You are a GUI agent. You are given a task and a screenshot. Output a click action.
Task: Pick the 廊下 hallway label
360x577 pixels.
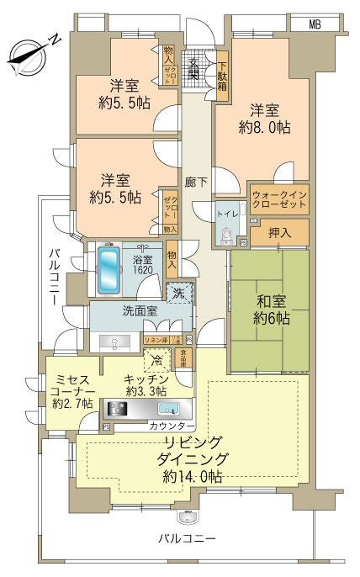point(196,180)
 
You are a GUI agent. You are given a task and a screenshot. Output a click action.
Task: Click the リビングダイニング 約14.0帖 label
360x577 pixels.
point(191,458)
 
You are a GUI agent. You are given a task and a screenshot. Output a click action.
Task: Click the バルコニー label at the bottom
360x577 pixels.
point(190,537)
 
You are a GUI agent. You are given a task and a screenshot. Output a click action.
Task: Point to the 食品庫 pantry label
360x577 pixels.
point(183,357)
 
